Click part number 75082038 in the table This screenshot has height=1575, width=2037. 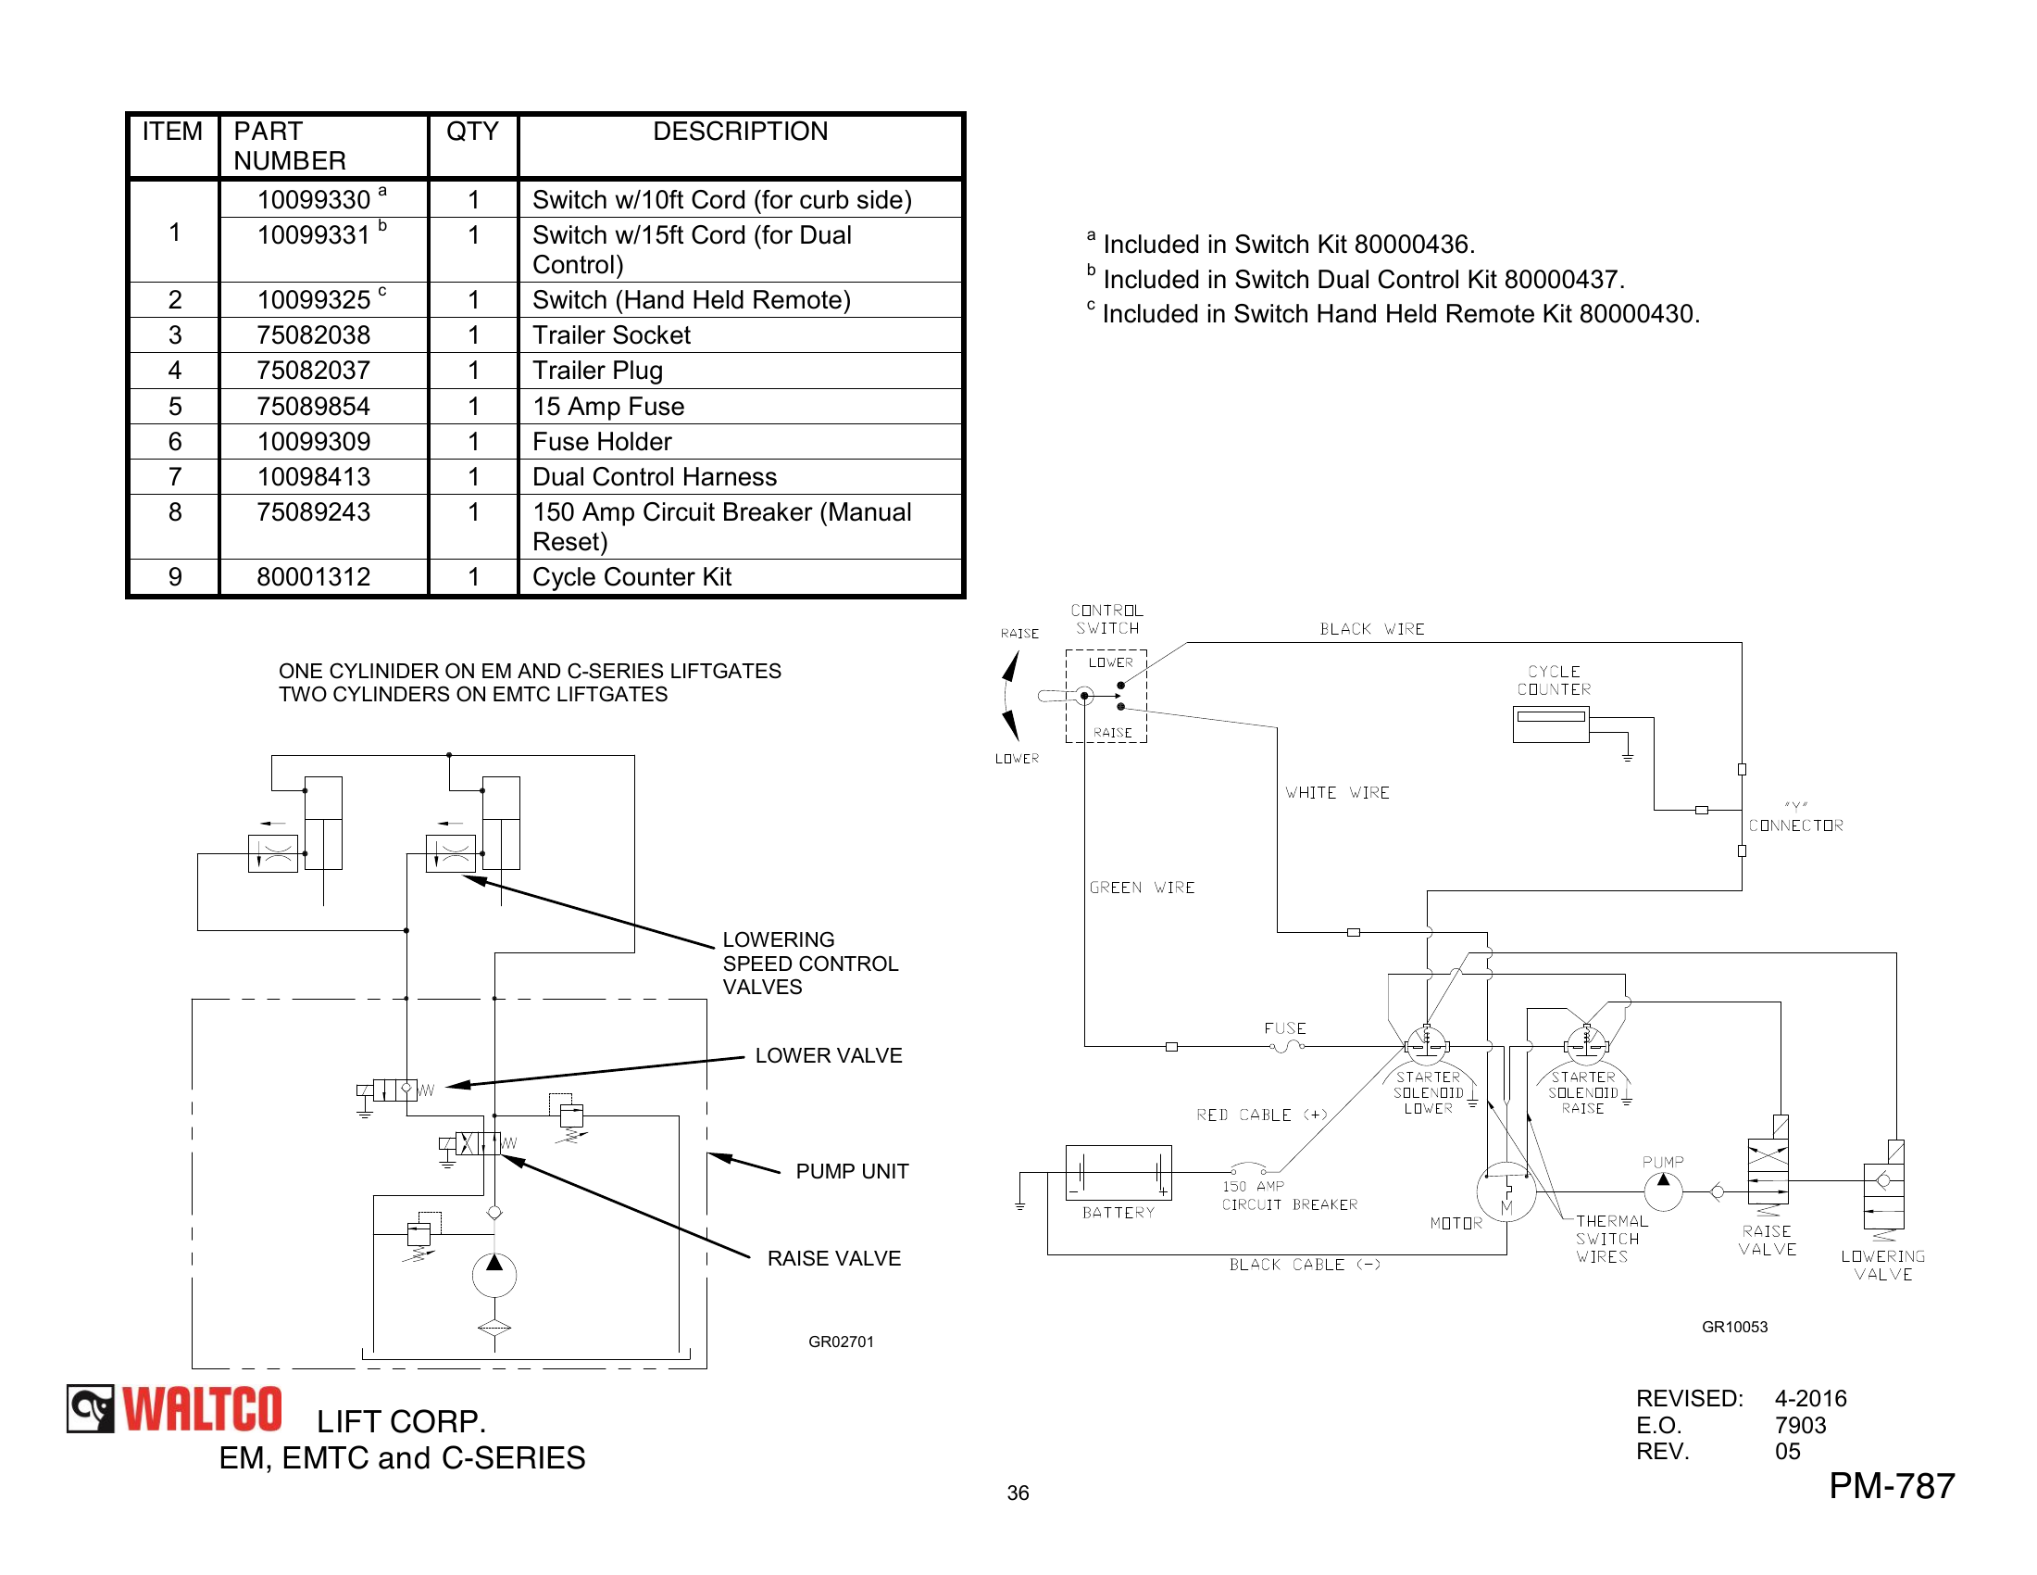pos(313,335)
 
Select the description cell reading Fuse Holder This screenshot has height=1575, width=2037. pos(602,441)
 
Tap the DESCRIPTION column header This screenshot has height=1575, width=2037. pos(740,132)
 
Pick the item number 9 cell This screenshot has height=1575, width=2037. pos(174,576)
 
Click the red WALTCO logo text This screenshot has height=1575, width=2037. pos(202,1409)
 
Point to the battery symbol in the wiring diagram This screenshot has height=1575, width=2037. pos(1118,1172)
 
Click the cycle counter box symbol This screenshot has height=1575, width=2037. pos(1550,724)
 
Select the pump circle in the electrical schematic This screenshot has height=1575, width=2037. pos(1663,1191)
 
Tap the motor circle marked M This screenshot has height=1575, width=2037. pos(1506,1191)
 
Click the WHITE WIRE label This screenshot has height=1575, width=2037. pos(1336,792)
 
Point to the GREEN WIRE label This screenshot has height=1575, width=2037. pos(1142,888)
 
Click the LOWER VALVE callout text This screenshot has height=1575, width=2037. pos(829,1055)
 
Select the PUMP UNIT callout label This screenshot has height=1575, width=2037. pos(852,1171)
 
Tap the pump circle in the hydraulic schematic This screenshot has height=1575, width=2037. pos(494,1275)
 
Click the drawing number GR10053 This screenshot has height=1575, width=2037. pos(1734,1327)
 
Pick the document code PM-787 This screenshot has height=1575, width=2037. pos(1891,1485)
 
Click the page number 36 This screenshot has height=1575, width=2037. pos(1018,1493)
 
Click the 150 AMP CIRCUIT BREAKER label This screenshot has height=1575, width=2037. pos(1289,1195)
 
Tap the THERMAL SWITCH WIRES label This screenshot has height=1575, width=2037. pos(1611,1238)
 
